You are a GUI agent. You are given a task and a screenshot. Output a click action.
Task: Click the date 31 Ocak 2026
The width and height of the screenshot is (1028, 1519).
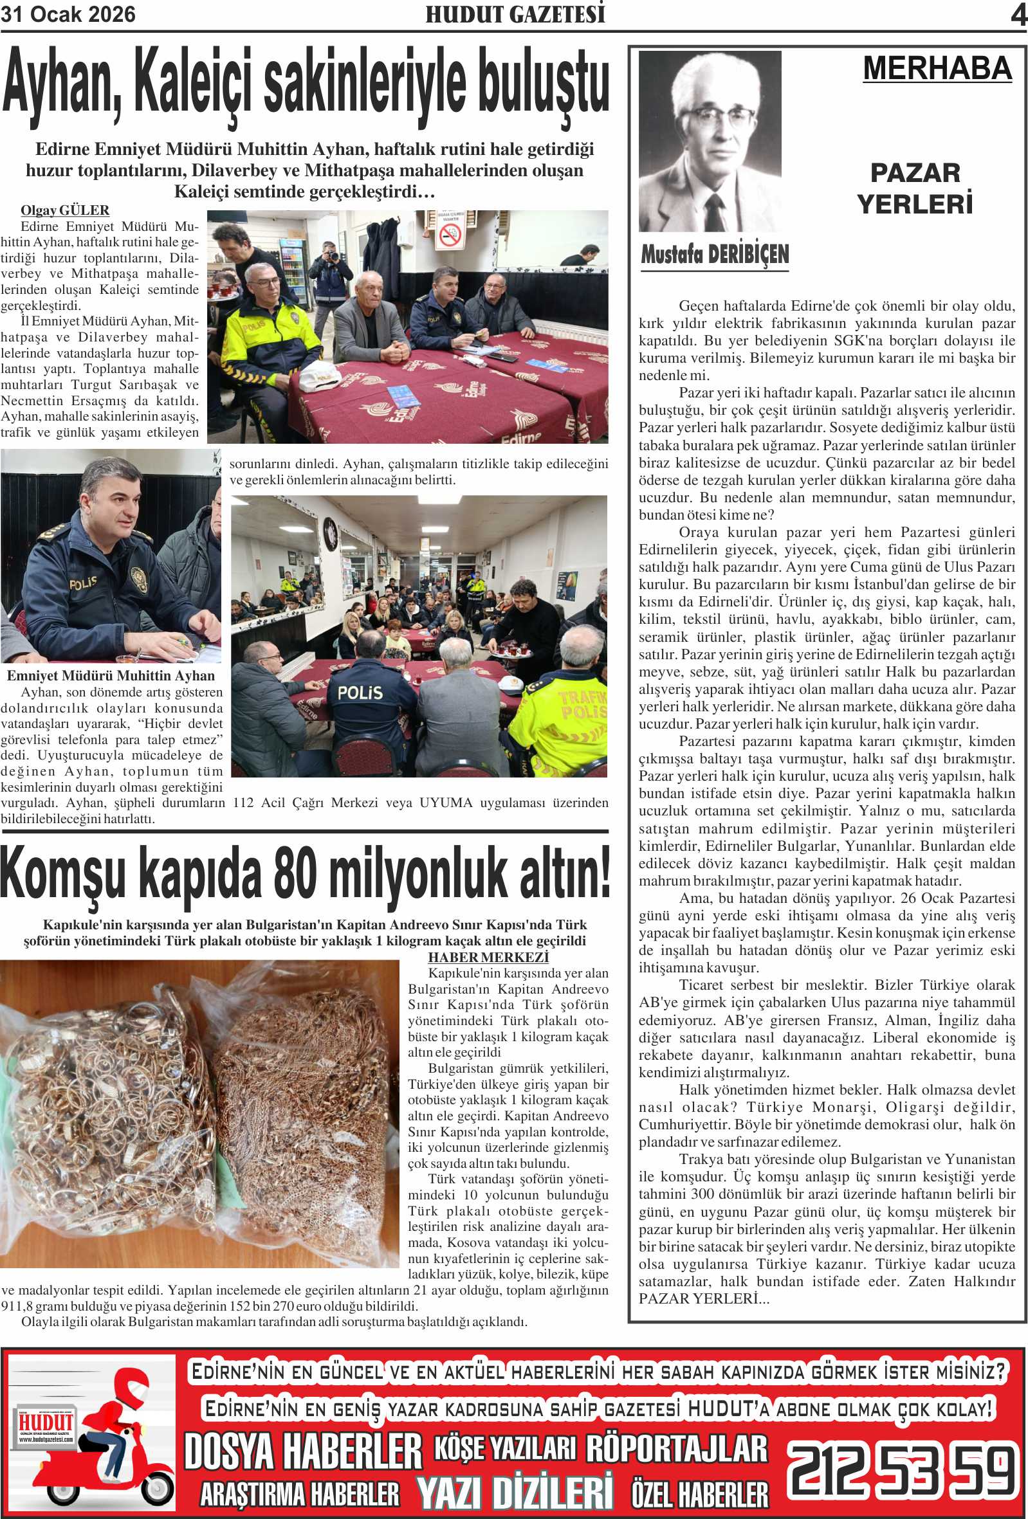(x=68, y=14)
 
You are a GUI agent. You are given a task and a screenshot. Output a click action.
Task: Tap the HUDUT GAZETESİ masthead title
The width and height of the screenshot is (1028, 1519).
(x=515, y=14)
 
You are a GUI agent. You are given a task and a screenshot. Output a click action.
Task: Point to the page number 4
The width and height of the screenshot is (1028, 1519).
(x=1018, y=15)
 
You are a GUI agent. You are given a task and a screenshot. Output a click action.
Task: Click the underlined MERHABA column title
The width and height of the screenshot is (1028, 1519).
(x=937, y=69)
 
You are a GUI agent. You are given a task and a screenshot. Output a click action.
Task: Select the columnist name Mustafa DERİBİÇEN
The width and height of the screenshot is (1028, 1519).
(x=714, y=253)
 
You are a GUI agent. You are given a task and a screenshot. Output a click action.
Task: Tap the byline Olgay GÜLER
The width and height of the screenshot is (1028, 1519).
(x=65, y=210)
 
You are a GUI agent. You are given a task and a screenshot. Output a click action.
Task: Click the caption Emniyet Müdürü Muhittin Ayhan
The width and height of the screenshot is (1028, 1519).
(x=111, y=676)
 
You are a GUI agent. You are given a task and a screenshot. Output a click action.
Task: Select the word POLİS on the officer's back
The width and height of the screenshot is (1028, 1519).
(x=359, y=692)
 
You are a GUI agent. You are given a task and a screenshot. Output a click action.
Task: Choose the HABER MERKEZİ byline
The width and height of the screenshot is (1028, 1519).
(x=488, y=958)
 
